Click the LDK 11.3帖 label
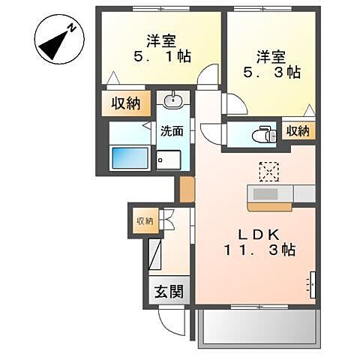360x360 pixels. [256, 241]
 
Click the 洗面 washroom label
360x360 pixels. [172, 131]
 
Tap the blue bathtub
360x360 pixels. [129, 158]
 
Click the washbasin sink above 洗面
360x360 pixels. [173, 101]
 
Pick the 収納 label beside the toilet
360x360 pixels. [298, 131]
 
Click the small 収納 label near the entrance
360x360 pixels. [144, 220]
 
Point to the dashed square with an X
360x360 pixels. [268, 171]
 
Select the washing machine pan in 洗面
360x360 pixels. [170, 159]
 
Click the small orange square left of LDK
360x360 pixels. [185, 190]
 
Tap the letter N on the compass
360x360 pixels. [71, 28]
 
